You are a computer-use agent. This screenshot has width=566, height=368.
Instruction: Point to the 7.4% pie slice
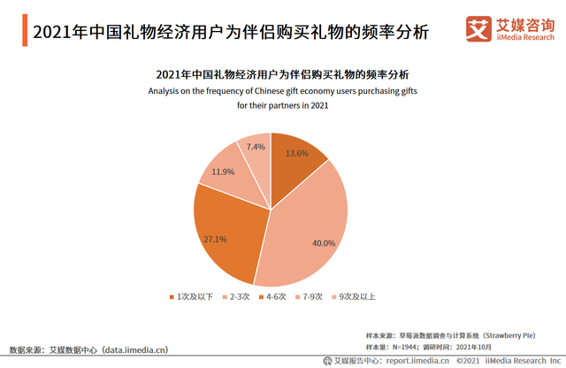(x=255, y=150)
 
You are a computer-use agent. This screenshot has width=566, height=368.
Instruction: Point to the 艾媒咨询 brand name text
(x=523, y=27)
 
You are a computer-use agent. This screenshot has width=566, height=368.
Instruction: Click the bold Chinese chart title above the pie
(x=282, y=74)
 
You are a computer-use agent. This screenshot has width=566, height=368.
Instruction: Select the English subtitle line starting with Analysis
(x=282, y=90)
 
